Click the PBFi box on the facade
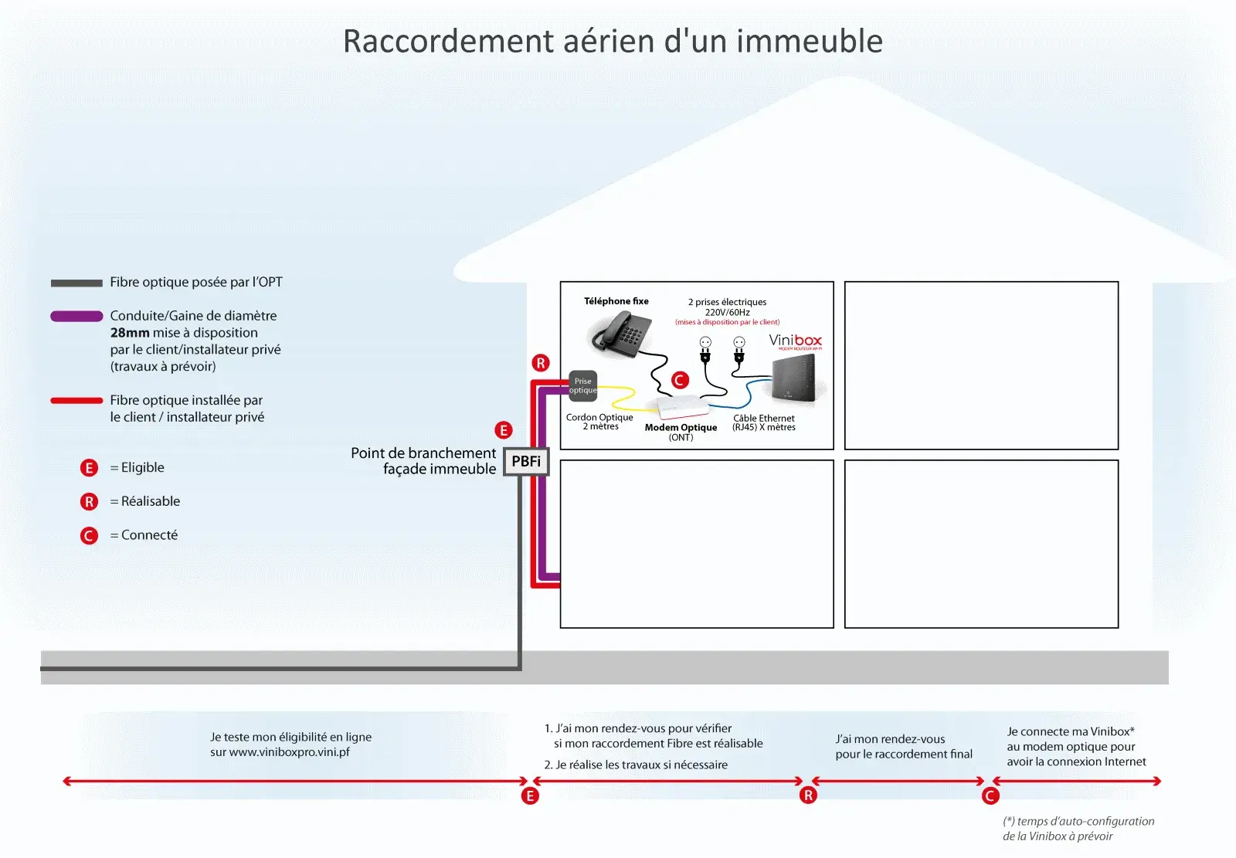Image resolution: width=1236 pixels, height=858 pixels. pos(526,461)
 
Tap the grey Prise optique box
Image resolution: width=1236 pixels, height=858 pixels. pos(582,385)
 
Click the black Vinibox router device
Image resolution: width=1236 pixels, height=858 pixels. pos(792,378)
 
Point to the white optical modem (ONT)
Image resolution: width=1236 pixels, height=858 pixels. pos(684,407)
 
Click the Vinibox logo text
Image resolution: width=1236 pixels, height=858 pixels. pos(795,341)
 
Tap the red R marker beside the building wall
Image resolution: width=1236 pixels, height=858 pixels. pos(541,363)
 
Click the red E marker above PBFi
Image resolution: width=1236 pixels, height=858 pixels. pos(503,430)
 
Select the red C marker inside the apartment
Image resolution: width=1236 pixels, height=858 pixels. pos(680,380)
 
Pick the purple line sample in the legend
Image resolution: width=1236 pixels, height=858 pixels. pos(76,316)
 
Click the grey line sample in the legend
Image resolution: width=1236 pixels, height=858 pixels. pos(76,283)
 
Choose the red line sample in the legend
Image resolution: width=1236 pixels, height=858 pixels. pos(76,401)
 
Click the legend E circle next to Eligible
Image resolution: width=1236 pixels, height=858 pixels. pos(89,468)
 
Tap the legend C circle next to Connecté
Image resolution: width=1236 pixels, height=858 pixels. pos(89,536)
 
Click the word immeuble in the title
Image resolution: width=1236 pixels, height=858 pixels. pos(810,41)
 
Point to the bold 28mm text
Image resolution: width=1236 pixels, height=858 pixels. pos(130,333)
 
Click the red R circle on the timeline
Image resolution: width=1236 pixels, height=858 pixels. pos(808,795)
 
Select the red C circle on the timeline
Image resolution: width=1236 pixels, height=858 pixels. pos(990,795)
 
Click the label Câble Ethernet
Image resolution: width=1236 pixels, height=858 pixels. pos(764,419)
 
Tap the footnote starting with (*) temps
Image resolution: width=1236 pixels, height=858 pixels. pos(1078,828)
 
